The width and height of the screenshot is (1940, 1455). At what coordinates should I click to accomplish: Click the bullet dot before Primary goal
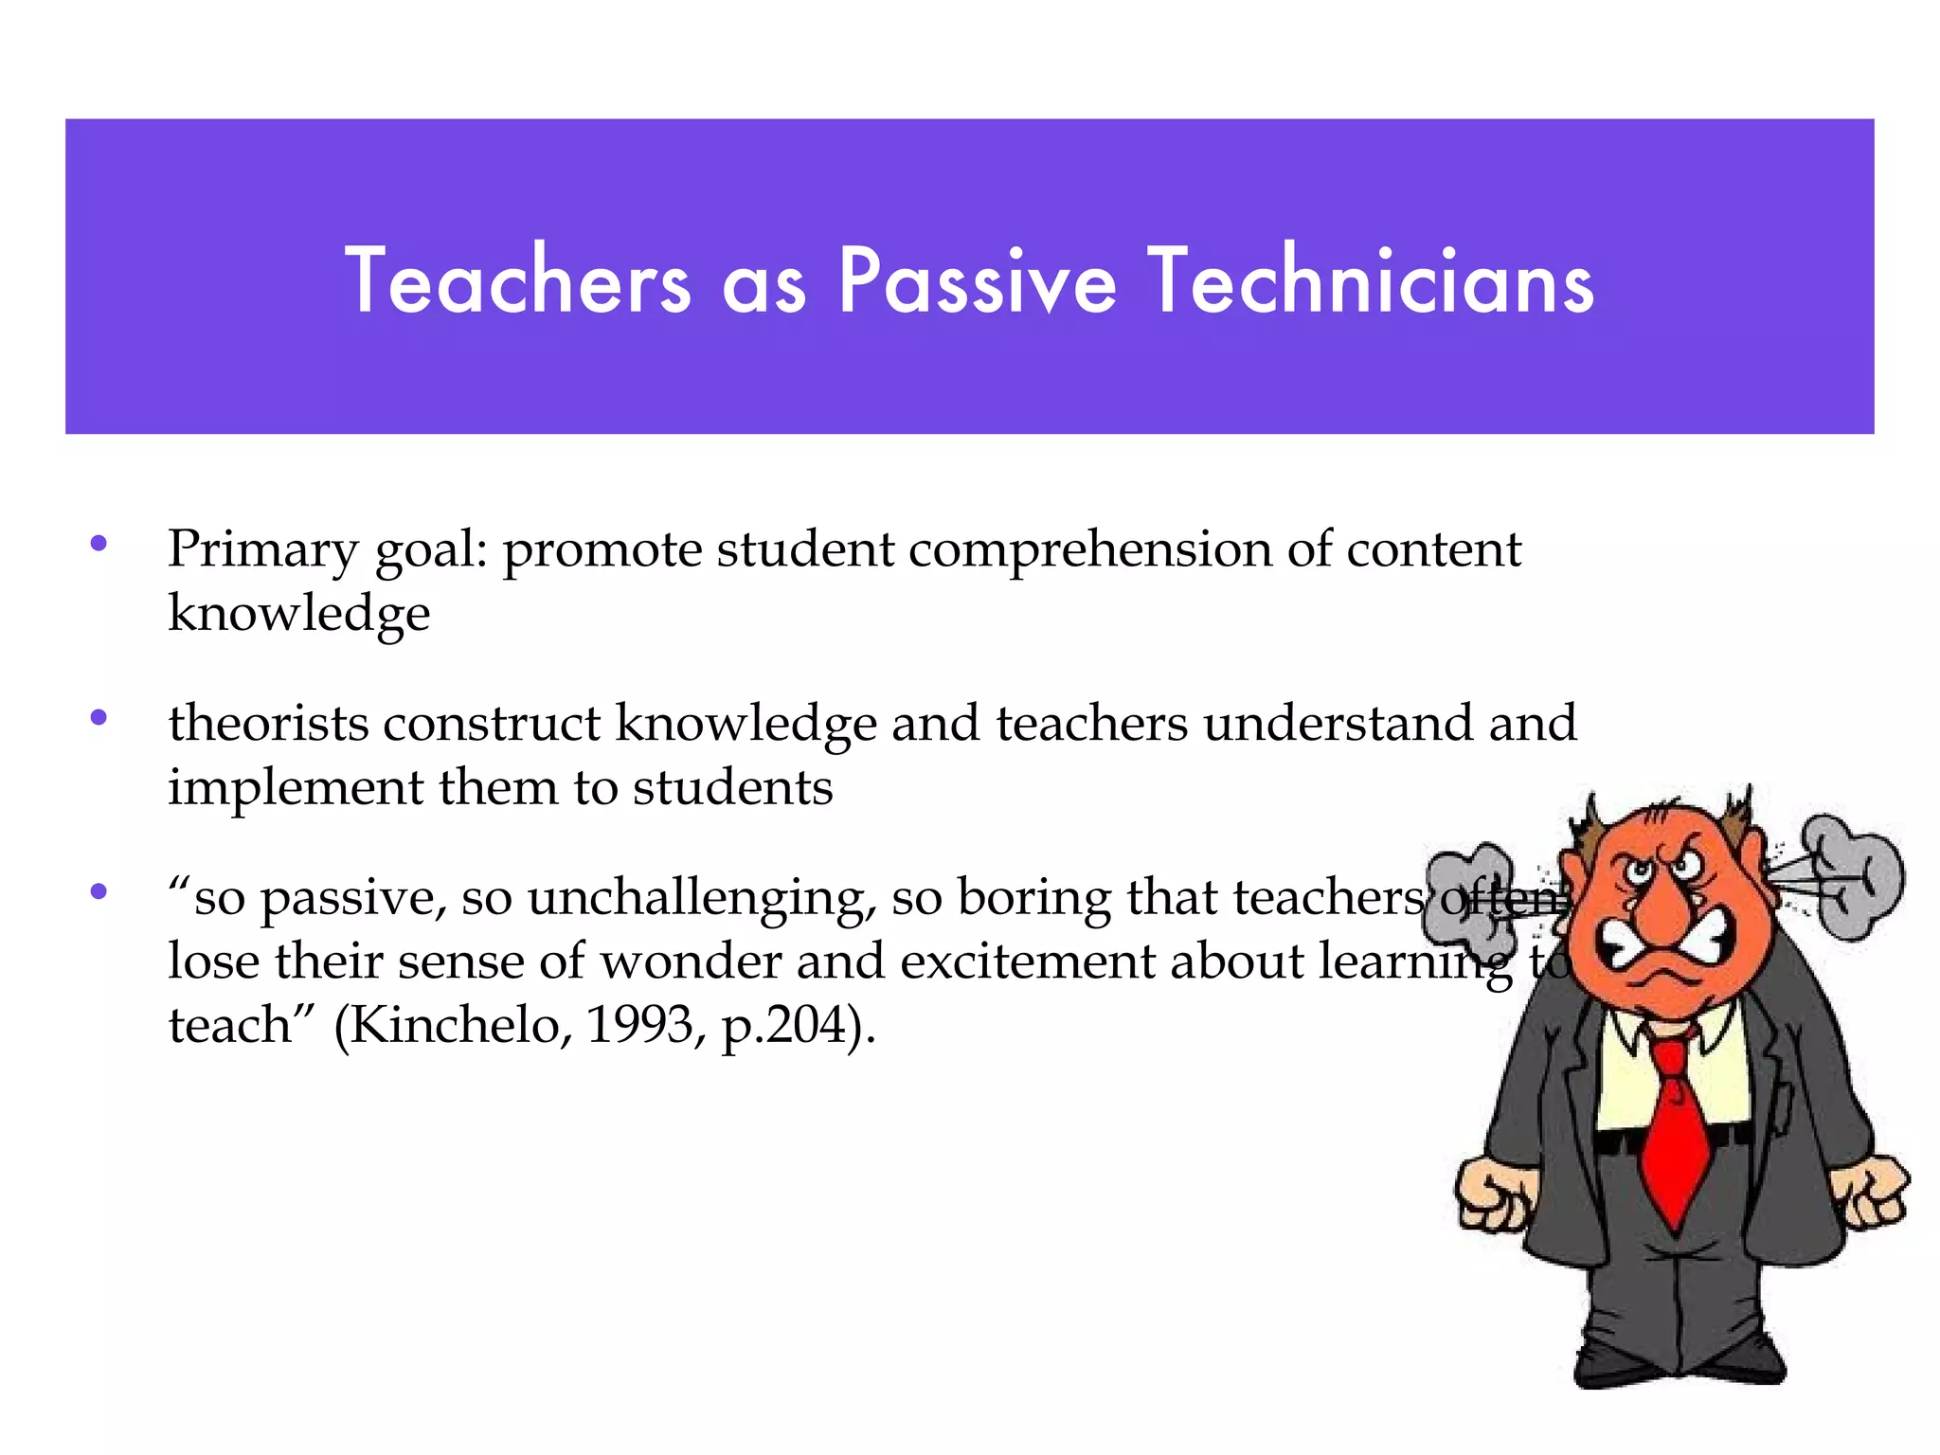pyautogui.click(x=99, y=544)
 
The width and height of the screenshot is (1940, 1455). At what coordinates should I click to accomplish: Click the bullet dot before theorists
pyautogui.click(x=99, y=718)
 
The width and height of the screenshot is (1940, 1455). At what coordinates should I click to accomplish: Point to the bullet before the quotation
pyautogui.click(x=99, y=891)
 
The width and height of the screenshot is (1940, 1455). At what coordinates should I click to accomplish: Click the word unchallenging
pyautogui.click(x=702, y=898)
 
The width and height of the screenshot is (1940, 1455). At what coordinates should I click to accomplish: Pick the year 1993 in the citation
pyautogui.click(x=640, y=1025)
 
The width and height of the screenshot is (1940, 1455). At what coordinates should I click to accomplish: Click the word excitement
pyautogui.click(x=1028, y=961)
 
